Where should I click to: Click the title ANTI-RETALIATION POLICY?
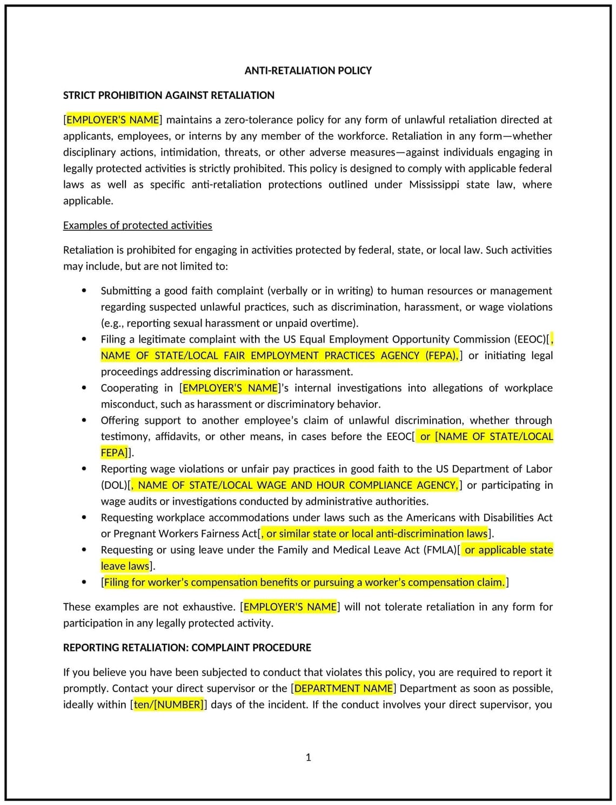click(x=308, y=70)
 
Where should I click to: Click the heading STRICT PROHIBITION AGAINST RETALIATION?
click(x=169, y=95)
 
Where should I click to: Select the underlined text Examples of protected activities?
click(x=137, y=225)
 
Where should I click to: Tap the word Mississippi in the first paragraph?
click(x=434, y=184)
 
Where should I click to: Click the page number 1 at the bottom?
click(x=309, y=757)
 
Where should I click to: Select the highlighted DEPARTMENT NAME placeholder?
click(x=344, y=688)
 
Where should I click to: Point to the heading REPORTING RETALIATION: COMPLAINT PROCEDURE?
click(x=187, y=648)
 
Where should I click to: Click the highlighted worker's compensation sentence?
click(x=304, y=582)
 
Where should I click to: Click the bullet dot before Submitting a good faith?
click(x=84, y=290)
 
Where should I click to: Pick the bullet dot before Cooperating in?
click(x=84, y=388)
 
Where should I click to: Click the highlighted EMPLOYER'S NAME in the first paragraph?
click(x=112, y=119)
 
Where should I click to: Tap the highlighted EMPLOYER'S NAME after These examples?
click(x=290, y=607)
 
